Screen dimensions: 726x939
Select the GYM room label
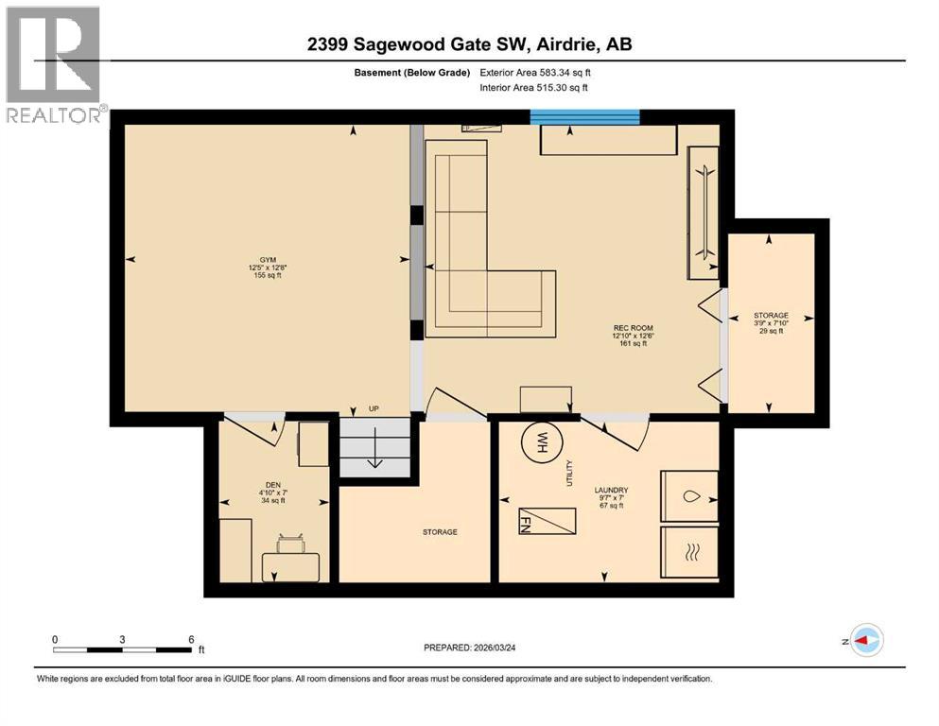(x=261, y=268)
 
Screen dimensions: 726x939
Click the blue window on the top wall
(x=584, y=116)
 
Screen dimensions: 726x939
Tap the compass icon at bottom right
(x=865, y=640)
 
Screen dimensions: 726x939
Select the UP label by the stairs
(x=374, y=409)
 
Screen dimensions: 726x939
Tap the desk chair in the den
(x=289, y=544)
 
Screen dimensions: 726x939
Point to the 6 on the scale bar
(x=191, y=639)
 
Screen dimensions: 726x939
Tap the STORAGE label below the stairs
(x=440, y=532)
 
